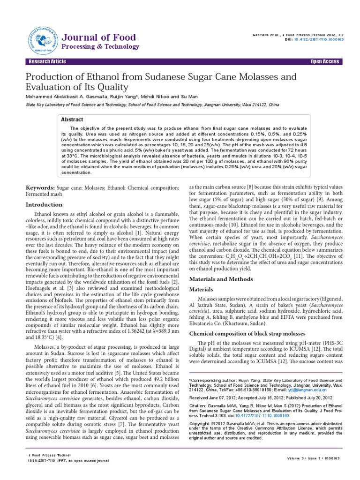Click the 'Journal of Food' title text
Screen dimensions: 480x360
[x=99, y=37]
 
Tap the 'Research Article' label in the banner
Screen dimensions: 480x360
[x=47, y=62]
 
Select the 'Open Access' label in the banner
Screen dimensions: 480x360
[x=324, y=62]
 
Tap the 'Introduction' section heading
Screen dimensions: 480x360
[x=44, y=204]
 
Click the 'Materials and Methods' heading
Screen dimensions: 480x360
[x=221, y=279]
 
